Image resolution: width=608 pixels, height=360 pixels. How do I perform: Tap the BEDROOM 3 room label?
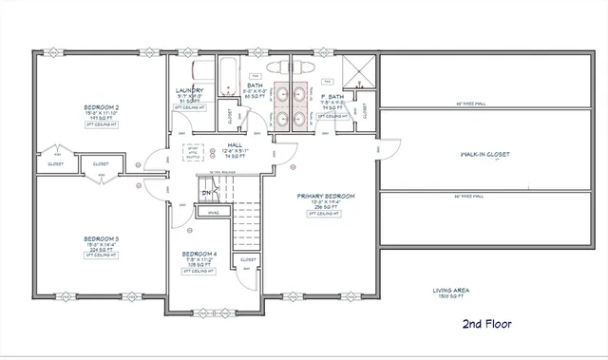[x=101, y=238]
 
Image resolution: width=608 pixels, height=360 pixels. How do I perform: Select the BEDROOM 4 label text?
[x=199, y=254]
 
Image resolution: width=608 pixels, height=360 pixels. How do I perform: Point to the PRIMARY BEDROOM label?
[x=328, y=196]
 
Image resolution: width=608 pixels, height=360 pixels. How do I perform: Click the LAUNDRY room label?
[x=191, y=91]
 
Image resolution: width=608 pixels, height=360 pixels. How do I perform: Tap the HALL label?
[x=234, y=145]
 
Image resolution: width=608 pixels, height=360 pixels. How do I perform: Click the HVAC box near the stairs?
[x=214, y=212]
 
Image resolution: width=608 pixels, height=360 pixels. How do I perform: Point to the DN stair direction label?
[x=206, y=193]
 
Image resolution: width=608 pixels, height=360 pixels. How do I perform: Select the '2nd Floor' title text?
[x=486, y=324]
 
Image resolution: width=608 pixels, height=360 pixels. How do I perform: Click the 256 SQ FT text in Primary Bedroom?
[x=328, y=206]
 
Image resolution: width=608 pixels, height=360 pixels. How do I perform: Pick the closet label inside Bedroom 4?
[x=247, y=258]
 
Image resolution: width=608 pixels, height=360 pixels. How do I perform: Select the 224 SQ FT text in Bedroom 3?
[x=101, y=250]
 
